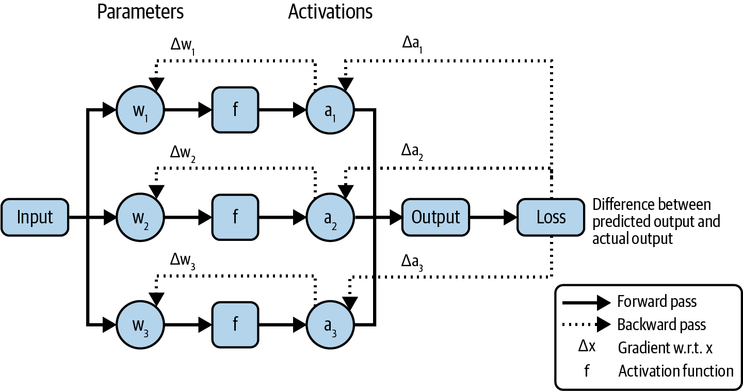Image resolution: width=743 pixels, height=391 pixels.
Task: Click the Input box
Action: coord(35,217)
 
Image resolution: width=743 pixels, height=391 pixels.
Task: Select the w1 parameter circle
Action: coord(140,110)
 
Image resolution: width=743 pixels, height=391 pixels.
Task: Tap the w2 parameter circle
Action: coord(140,217)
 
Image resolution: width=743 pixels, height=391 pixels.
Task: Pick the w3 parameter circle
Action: coord(140,325)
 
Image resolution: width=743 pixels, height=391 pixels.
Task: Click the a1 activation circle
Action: coord(330,110)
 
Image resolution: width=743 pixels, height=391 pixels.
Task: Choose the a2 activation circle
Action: coord(330,217)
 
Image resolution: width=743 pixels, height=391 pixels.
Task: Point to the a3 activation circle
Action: coord(330,325)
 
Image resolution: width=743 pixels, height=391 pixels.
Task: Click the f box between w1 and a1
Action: coord(235,110)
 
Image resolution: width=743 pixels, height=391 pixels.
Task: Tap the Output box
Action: coord(435,217)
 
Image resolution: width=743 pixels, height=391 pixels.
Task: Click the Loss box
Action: coord(551,217)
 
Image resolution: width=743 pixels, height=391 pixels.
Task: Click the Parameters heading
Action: coord(140,12)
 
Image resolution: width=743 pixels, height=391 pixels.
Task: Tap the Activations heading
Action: coord(330,12)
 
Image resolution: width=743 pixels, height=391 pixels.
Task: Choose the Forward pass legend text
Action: coord(656,301)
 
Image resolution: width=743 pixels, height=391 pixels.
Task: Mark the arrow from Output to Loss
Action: coord(493,217)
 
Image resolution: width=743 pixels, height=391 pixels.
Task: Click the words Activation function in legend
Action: coord(675,371)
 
